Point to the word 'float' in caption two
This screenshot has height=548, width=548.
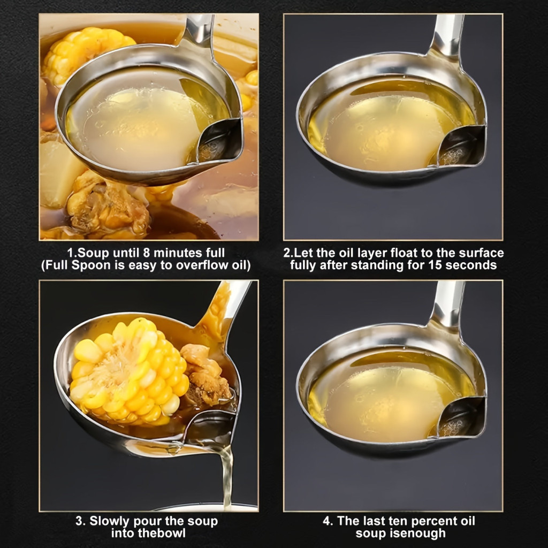(x=404, y=253)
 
